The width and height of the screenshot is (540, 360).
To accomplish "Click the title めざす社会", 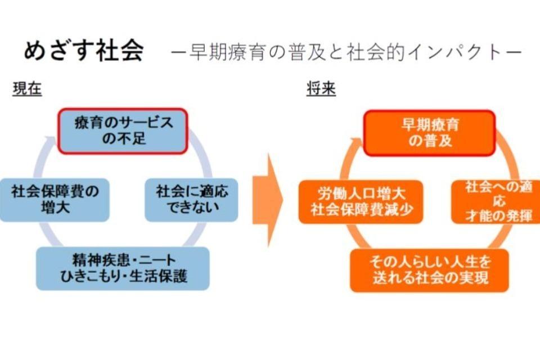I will [83, 51].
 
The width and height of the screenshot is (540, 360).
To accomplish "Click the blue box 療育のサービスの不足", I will [124, 130].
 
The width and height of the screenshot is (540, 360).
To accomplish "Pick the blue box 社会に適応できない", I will [192, 200].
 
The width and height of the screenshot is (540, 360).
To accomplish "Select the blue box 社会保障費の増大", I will [55, 200].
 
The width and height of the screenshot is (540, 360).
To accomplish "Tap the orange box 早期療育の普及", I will [430, 133].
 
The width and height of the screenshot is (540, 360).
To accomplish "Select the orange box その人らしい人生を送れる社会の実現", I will [429, 270].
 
